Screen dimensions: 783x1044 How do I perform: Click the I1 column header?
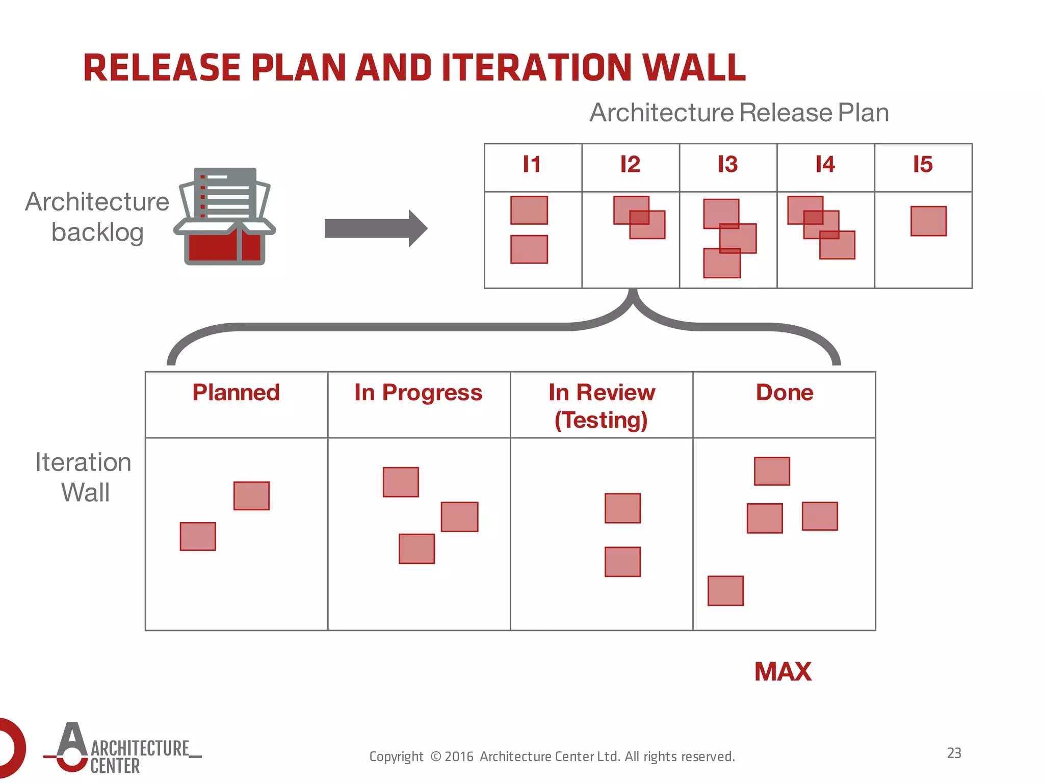532,165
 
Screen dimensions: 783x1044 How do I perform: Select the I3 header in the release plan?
727,165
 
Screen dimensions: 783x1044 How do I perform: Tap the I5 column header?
923,165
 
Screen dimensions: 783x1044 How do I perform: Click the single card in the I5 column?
928,221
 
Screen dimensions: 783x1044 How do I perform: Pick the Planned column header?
236,393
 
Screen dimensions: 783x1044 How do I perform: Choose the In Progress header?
418,393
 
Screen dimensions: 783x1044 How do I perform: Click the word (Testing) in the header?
601,420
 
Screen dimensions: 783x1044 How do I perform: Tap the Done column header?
784,393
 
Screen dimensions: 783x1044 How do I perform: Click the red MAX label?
782,671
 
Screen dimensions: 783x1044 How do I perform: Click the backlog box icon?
225,217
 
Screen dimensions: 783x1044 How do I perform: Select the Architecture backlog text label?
97,217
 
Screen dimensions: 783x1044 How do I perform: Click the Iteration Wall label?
84,477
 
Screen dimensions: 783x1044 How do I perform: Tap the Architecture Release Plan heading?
739,113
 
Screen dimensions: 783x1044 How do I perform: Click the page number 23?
954,753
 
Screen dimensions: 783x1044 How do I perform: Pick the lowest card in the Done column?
725,591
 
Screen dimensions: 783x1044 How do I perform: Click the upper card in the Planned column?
251,495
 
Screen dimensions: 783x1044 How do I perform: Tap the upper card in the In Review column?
622,508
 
